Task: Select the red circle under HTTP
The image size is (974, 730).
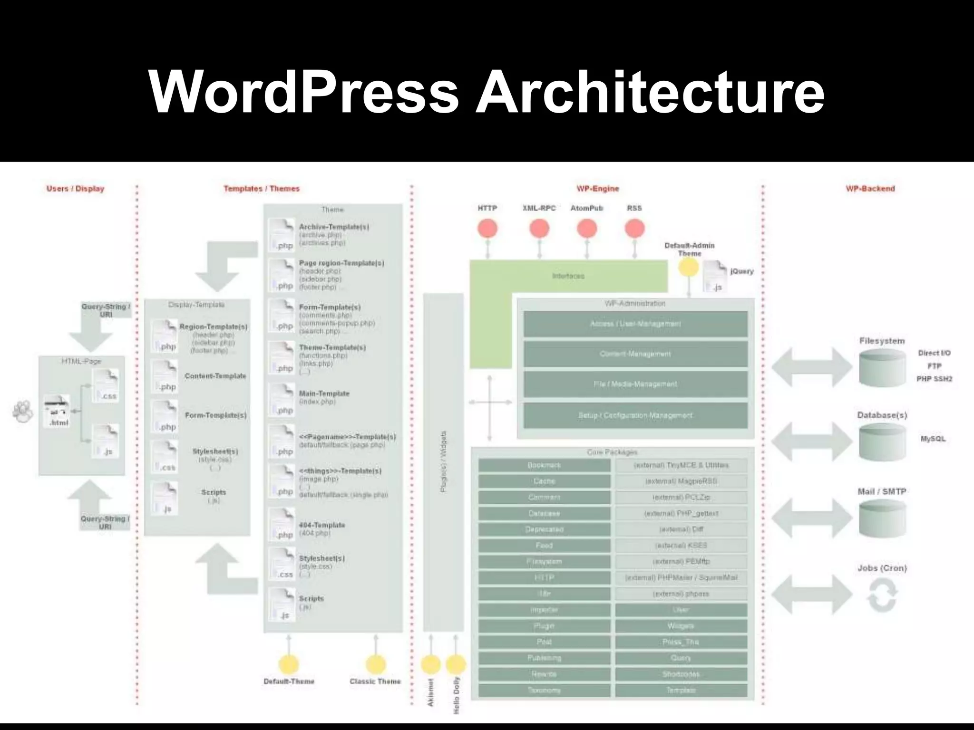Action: point(487,229)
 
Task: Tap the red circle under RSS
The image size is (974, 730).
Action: point(634,229)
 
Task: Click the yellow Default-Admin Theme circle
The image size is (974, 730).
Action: point(688,268)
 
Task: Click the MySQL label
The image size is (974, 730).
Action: point(933,439)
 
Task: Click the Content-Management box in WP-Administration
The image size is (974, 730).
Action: point(635,354)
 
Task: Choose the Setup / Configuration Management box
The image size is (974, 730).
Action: point(635,415)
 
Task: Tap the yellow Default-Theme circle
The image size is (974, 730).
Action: point(289,664)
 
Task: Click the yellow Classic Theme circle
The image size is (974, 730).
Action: point(375,664)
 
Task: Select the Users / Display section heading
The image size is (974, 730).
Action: point(75,189)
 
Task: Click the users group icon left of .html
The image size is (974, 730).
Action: point(22,412)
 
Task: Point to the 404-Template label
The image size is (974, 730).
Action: point(322,525)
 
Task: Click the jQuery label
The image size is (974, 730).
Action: point(741,271)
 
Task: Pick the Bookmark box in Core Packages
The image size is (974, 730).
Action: point(544,465)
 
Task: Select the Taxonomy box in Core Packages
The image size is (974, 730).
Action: point(544,690)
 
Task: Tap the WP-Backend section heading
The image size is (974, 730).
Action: point(870,189)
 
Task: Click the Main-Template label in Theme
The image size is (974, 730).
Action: point(324,394)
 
